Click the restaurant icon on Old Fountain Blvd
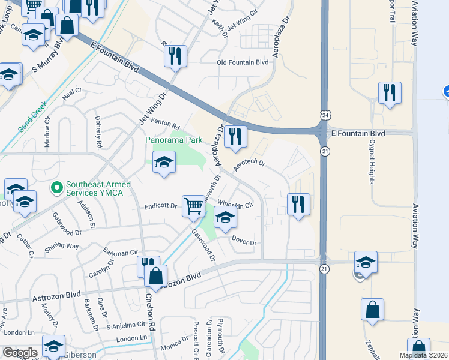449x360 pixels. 175,56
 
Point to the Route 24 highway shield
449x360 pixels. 325,115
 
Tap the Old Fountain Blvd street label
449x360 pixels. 243,62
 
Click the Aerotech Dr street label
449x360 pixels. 249,164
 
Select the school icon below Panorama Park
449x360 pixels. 164,163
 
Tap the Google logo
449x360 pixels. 20,353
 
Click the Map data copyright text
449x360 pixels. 423,355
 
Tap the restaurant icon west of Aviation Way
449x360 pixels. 390,93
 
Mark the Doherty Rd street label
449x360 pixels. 98,133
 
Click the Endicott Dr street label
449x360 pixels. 161,206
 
